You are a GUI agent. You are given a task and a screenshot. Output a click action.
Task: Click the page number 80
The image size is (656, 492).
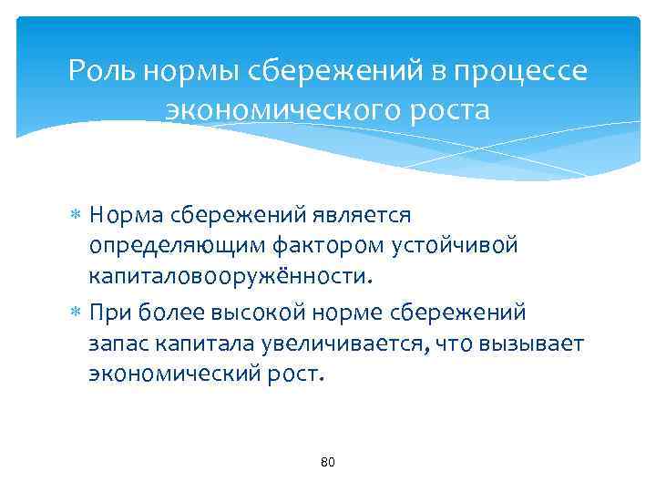tap(328, 463)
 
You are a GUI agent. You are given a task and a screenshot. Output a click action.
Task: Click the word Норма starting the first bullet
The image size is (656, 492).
tap(127, 215)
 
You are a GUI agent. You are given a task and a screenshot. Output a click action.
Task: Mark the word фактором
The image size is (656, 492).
tap(313, 246)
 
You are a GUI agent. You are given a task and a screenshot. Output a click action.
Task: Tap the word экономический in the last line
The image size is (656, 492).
tap(173, 375)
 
